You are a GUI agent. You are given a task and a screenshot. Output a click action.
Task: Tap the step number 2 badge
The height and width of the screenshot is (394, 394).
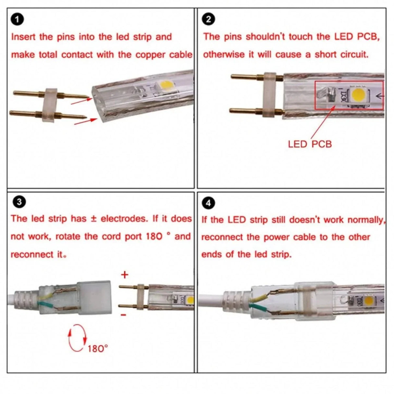(208, 19)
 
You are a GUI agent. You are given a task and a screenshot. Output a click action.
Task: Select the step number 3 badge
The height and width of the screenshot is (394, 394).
(18, 202)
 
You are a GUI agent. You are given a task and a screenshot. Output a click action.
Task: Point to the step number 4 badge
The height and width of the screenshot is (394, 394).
(208, 203)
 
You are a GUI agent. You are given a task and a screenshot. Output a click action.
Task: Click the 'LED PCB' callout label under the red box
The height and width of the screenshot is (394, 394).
(310, 144)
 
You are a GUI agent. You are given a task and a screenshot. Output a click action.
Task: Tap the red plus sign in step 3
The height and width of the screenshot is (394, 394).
(125, 275)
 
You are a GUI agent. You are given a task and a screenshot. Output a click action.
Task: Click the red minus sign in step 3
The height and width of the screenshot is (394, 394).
(124, 314)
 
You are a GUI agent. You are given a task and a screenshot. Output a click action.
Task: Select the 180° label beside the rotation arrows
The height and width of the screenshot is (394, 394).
(97, 349)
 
